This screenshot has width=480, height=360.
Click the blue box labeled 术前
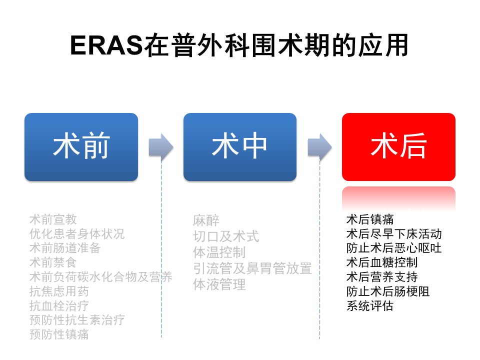(x=81, y=147)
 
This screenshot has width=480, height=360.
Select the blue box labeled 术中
(x=240, y=147)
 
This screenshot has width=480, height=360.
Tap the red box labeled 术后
(x=398, y=147)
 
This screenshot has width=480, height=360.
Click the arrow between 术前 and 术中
(x=161, y=147)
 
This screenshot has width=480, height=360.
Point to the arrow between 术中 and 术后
(x=319, y=147)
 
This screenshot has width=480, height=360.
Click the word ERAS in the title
(x=106, y=45)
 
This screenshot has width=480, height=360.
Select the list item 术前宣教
(x=53, y=219)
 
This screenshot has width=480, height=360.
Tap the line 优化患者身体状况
(x=77, y=234)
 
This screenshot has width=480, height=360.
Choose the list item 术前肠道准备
(x=65, y=248)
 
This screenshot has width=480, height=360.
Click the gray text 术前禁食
(x=53, y=262)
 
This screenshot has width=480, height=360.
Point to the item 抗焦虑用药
(x=59, y=291)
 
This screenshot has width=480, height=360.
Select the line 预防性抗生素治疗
(x=77, y=320)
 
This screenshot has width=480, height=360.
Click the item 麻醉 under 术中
(x=206, y=220)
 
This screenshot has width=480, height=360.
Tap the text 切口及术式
(x=226, y=236)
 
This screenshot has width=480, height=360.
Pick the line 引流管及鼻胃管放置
(x=252, y=268)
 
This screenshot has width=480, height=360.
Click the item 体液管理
(x=219, y=284)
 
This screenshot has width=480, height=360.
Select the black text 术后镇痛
(x=370, y=219)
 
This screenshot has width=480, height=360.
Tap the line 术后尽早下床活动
(x=394, y=234)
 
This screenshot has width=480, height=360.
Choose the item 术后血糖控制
(x=382, y=262)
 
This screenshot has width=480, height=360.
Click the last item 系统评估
(x=370, y=305)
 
